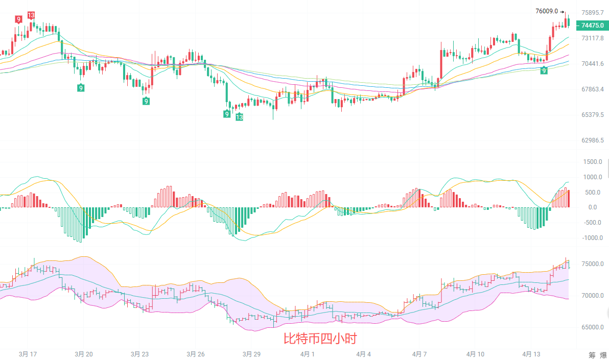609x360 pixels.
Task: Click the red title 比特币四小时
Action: tap(320, 339)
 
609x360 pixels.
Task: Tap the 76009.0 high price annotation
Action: tap(547, 11)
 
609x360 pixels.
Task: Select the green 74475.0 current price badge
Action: tap(592, 25)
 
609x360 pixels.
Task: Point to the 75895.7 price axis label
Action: tap(593, 13)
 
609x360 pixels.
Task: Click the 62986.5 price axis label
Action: tap(593, 140)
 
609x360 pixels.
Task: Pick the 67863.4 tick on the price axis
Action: tap(593, 89)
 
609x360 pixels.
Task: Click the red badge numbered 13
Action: tap(31, 15)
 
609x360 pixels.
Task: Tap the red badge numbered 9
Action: tap(18, 19)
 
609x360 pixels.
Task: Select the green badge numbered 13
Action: tap(239, 117)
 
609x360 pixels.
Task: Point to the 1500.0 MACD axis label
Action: tap(593, 162)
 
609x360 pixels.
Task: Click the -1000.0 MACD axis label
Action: tap(592, 238)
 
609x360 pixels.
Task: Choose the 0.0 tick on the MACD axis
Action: tap(593, 207)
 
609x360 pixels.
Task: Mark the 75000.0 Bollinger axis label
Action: tap(593, 264)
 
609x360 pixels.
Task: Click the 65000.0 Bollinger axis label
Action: tap(593, 327)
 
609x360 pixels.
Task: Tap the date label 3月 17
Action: tap(28, 354)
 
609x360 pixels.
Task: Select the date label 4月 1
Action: tap(307, 354)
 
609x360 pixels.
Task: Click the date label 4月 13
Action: tap(531, 354)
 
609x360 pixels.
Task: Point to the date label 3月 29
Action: tap(251, 354)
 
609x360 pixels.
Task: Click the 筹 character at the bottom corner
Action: tap(592, 355)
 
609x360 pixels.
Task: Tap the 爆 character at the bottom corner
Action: tap(604, 355)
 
